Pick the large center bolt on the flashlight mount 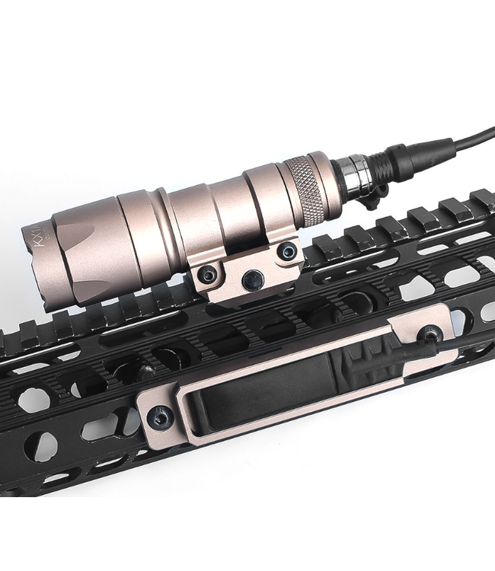click(252, 281)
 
